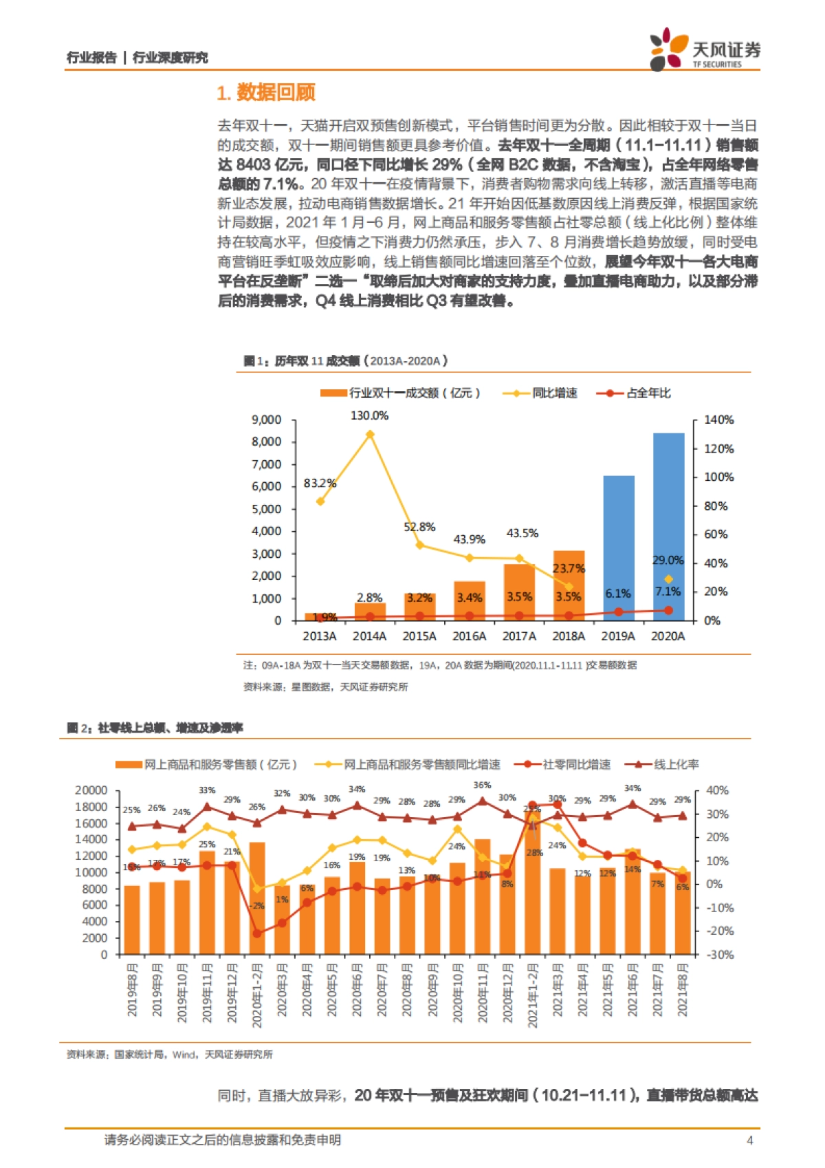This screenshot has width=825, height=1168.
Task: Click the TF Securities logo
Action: click(x=704, y=50)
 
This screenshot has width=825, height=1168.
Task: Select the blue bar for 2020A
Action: click(x=668, y=526)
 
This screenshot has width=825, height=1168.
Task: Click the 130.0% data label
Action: click(x=369, y=415)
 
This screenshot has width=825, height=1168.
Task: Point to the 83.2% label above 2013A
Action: click(x=320, y=484)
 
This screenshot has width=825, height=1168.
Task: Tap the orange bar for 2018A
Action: click(x=569, y=585)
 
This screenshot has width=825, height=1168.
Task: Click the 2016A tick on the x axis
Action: click(x=469, y=636)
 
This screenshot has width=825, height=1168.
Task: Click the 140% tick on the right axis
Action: click(x=718, y=420)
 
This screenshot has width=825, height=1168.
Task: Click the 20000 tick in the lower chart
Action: click(x=91, y=790)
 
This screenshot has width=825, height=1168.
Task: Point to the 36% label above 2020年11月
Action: click(x=482, y=785)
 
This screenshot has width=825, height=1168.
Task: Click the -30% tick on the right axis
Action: click(x=720, y=954)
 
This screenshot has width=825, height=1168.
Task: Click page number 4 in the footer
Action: click(x=749, y=1140)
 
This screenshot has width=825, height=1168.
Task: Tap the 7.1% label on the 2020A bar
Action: click(x=668, y=592)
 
